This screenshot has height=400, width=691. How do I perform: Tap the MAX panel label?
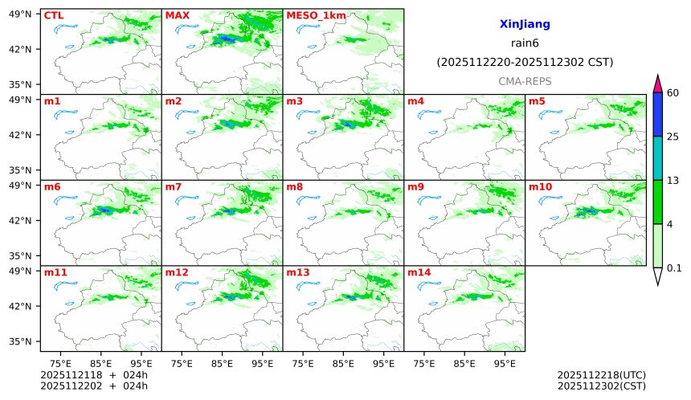click(x=176, y=15)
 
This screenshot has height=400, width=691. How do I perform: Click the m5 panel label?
click(x=537, y=101)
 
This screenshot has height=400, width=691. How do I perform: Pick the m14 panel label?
click(x=419, y=272)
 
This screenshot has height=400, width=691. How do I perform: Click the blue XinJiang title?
click(x=524, y=25)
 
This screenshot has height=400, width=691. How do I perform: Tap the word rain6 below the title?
click(x=525, y=43)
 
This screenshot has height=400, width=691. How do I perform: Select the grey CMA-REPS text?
click(x=525, y=81)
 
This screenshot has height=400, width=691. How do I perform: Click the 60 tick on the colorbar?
click(x=673, y=93)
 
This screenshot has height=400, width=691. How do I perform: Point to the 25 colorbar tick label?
click(x=673, y=137)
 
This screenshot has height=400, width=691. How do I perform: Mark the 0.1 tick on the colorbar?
click(x=674, y=268)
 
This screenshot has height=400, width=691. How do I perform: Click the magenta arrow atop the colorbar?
click(x=657, y=83)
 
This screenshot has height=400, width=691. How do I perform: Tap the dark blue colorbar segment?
click(x=657, y=114)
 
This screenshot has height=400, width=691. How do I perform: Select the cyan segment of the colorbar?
click(x=657, y=158)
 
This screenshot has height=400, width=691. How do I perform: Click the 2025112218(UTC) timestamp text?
click(x=601, y=375)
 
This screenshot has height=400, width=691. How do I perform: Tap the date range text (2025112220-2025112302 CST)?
click(x=525, y=62)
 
